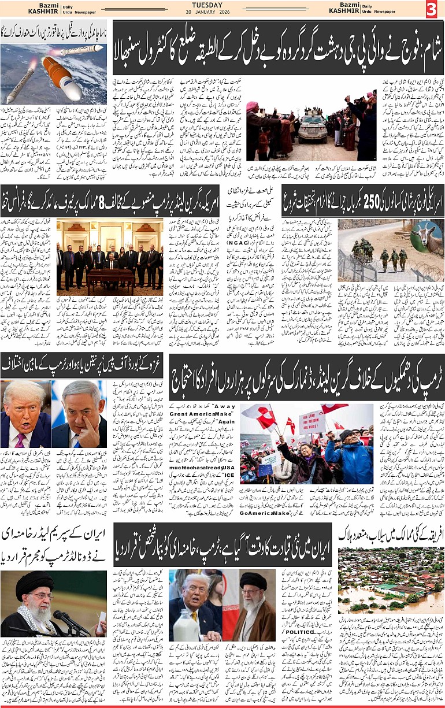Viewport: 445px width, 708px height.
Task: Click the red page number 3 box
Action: coord(432,10)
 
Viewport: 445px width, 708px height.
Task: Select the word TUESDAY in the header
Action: coord(222,5)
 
